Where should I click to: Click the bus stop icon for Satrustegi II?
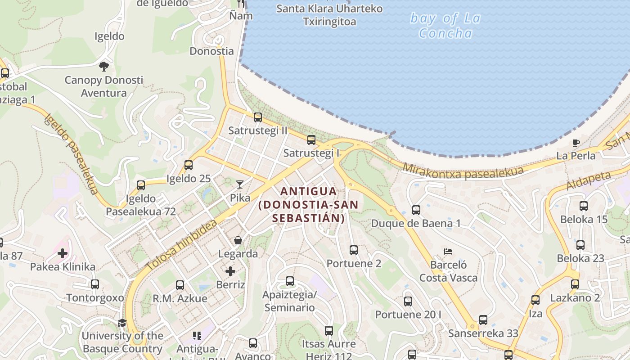257,117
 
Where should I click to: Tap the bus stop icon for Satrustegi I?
311,140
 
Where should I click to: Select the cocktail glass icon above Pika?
240,184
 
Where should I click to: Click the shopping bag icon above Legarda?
238,241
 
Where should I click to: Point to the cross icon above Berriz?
230,271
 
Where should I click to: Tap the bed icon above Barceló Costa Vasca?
448,252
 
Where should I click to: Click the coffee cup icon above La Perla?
576,143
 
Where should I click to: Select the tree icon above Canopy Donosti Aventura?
104,67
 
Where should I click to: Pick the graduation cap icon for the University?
122,323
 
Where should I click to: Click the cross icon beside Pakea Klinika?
63,253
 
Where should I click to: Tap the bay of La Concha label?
445,26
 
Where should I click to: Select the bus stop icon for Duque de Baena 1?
416,210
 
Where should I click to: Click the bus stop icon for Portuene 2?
354,250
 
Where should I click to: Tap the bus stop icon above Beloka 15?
584,206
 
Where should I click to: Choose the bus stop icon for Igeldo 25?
188,165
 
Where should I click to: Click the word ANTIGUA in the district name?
308,191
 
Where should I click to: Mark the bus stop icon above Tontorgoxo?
94,284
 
